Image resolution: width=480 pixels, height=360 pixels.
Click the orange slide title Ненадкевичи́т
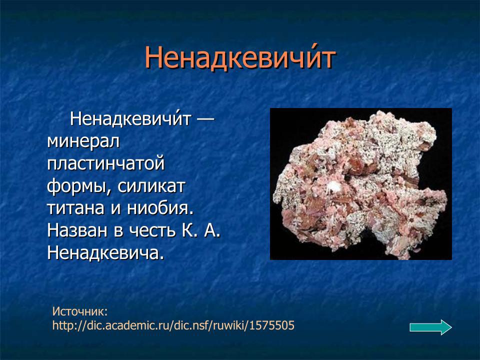[x=239, y=58]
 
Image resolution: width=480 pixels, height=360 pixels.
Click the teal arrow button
[x=430, y=327]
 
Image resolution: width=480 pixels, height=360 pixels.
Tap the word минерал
[x=83, y=141]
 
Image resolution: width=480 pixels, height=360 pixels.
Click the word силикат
[x=152, y=186]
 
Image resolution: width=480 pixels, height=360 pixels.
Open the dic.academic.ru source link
[x=173, y=326]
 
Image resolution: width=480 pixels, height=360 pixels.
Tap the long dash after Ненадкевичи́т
[x=205, y=119]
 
